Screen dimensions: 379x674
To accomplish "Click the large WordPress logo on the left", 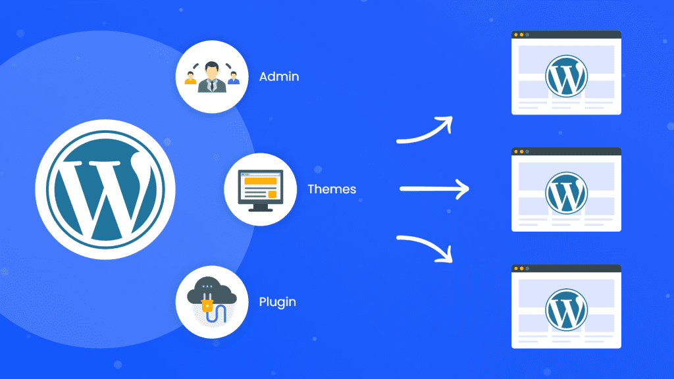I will [x=105, y=189].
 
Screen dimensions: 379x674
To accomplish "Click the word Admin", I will [x=279, y=77].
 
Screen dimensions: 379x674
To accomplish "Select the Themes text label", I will [x=332, y=189].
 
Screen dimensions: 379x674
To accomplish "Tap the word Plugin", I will [x=277, y=303].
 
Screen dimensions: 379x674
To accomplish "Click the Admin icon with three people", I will [x=212, y=77].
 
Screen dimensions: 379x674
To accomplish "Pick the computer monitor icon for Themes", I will [x=260, y=189].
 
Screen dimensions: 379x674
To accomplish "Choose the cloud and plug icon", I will [x=212, y=303].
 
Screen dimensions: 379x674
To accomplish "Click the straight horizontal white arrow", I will [x=434, y=189].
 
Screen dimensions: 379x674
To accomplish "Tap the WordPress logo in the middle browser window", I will [x=566, y=191].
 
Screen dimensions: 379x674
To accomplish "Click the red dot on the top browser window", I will [x=516, y=34].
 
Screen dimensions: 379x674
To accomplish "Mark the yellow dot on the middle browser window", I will [x=522, y=151].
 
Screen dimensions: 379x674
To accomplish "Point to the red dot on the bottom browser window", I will [x=516, y=268].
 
